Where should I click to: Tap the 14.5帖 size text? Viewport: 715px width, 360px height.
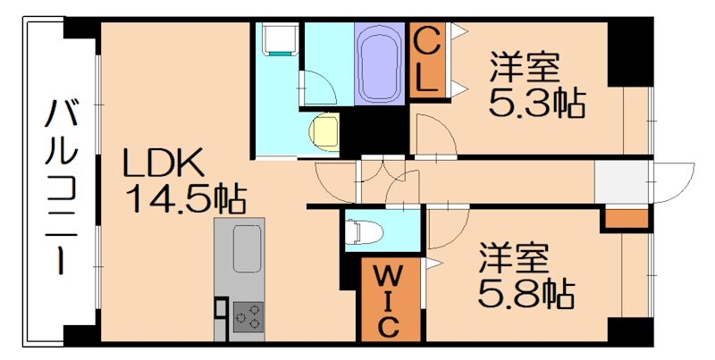[186, 198]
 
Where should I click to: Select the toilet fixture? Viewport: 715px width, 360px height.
[366, 231]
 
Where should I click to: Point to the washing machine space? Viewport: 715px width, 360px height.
[276, 41]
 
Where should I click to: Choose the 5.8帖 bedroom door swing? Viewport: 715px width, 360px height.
[447, 223]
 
